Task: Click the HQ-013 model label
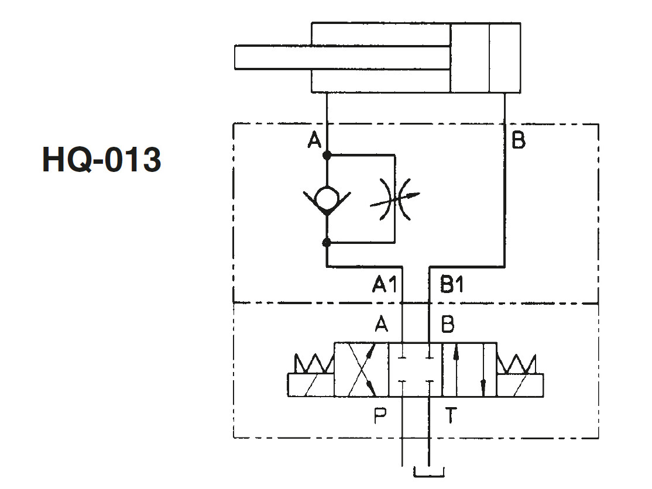[x=101, y=160]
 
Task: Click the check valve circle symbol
[x=327, y=198]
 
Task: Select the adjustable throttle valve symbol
[x=394, y=199]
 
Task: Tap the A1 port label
[x=385, y=285]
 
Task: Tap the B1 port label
[x=452, y=285]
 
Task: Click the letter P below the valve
[x=380, y=415]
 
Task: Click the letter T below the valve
[x=451, y=415]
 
